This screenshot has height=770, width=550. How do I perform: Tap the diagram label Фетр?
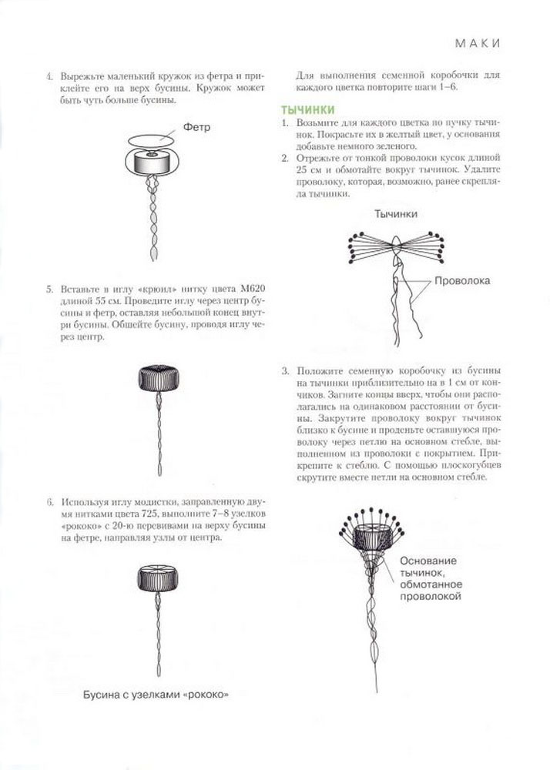pos(197,127)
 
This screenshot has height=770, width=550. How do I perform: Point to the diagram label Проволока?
pos(462,281)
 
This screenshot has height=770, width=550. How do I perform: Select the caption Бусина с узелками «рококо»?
pos(158,695)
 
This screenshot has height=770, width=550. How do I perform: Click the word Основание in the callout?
pos(428,560)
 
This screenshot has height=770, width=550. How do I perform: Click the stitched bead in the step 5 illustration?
pos(159,378)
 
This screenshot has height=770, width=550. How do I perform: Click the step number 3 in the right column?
pos(285,371)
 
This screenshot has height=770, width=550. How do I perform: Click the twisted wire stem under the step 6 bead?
pos(159,631)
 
